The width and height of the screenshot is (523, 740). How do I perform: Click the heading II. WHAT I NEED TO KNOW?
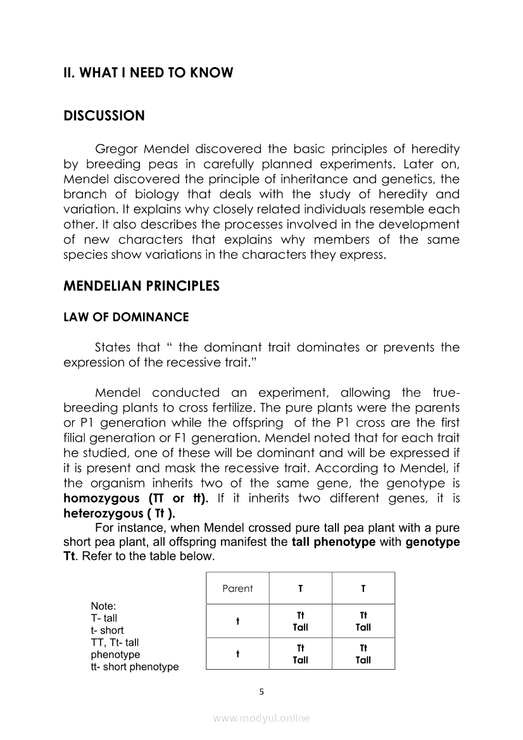pyautogui.click(x=148, y=73)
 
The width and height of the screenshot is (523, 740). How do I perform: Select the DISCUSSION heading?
pyautogui.click(x=104, y=116)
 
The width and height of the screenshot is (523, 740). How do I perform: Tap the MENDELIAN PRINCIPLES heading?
pyautogui.click(x=141, y=286)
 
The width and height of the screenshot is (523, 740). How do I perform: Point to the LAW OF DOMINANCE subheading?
pyautogui.click(x=126, y=317)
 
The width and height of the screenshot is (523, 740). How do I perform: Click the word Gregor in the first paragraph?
pyautogui.click(x=116, y=149)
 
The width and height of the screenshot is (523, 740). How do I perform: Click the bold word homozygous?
pyautogui.click(x=100, y=498)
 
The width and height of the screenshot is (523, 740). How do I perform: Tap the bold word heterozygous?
pyautogui.click(x=103, y=513)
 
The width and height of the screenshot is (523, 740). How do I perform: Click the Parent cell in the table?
pyautogui.click(x=237, y=589)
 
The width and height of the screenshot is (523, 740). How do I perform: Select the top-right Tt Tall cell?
pyautogui.click(x=363, y=622)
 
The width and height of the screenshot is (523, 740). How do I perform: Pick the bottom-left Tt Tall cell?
pyautogui.click(x=301, y=655)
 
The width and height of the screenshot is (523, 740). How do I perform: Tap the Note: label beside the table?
pyautogui.click(x=103, y=606)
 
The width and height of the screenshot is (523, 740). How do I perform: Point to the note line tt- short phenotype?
pyautogui.click(x=134, y=667)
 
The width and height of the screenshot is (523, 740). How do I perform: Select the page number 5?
pyautogui.click(x=261, y=691)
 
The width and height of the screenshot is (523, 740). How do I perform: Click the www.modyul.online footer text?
pyautogui.click(x=261, y=718)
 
